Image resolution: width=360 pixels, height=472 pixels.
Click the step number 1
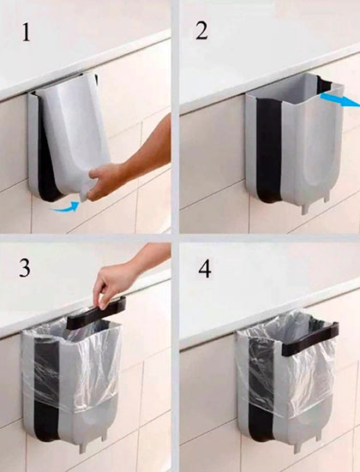click(26, 33)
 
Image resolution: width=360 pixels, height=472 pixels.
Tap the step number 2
click(201, 30)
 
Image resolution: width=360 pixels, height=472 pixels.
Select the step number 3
click(25, 268)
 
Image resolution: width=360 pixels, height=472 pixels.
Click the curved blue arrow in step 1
click(67, 207)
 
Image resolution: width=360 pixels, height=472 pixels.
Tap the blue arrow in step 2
click(340, 100)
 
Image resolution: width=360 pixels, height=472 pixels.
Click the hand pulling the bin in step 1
click(104, 182)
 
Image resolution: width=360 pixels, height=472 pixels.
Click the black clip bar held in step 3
click(96, 313)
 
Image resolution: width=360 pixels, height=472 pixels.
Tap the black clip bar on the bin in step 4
click(310, 338)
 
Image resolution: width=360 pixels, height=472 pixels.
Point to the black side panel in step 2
click(269, 151)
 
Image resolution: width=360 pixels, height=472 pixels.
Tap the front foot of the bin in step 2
click(305, 209)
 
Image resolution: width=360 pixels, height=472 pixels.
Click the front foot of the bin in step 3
click(83, 448)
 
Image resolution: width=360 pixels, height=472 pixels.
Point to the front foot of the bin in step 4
click(297, 448)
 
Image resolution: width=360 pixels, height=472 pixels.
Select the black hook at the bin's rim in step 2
click(324, 84)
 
